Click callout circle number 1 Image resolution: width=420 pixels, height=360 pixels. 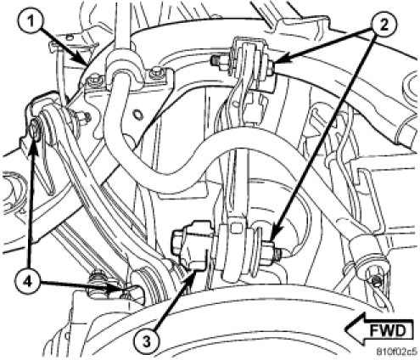pyautogui.click(x=31, y=22)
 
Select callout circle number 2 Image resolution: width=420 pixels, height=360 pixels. pyautogui.click(x=384, y=25)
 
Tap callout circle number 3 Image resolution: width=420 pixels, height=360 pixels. pyautogui.click(x=147, y=342)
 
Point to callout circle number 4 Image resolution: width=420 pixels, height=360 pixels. pyautogui.click(x=27, y=281)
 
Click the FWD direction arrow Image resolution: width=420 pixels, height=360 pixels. pyautogui.click(x=379, y=330)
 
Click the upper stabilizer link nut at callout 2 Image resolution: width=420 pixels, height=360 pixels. pyautogui.click(x=269, y=70)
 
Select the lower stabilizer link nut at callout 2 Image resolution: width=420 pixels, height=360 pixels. pyautogui.click(x=270, y=250)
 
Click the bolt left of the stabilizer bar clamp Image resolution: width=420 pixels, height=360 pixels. pyautogui.click(x=94, y=82)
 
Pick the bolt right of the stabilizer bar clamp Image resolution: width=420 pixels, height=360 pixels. pyautogui.click(x=155, y=74)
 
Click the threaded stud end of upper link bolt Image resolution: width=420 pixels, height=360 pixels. pyautogui.click(x=216, y=60)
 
